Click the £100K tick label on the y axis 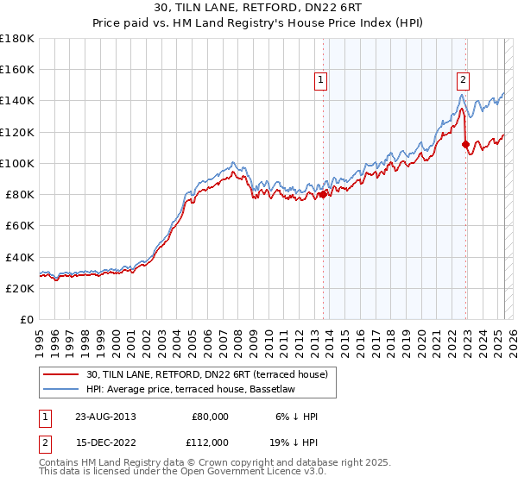pyautogui.click(x=16, y=162)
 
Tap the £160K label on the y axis pyautogui.click(x=16, y=69)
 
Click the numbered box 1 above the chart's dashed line pyautogui.click(x=320, y=81)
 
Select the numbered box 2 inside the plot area pyautogui.click(x=463, y=81)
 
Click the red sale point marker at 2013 pyautogui.click(x=324, y=194)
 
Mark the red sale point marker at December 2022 pyautogui.click(x=466, y=144)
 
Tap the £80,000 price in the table pyautogui.click(x=210, y=417)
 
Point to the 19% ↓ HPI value pyautogui.click(x=297, y=442)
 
